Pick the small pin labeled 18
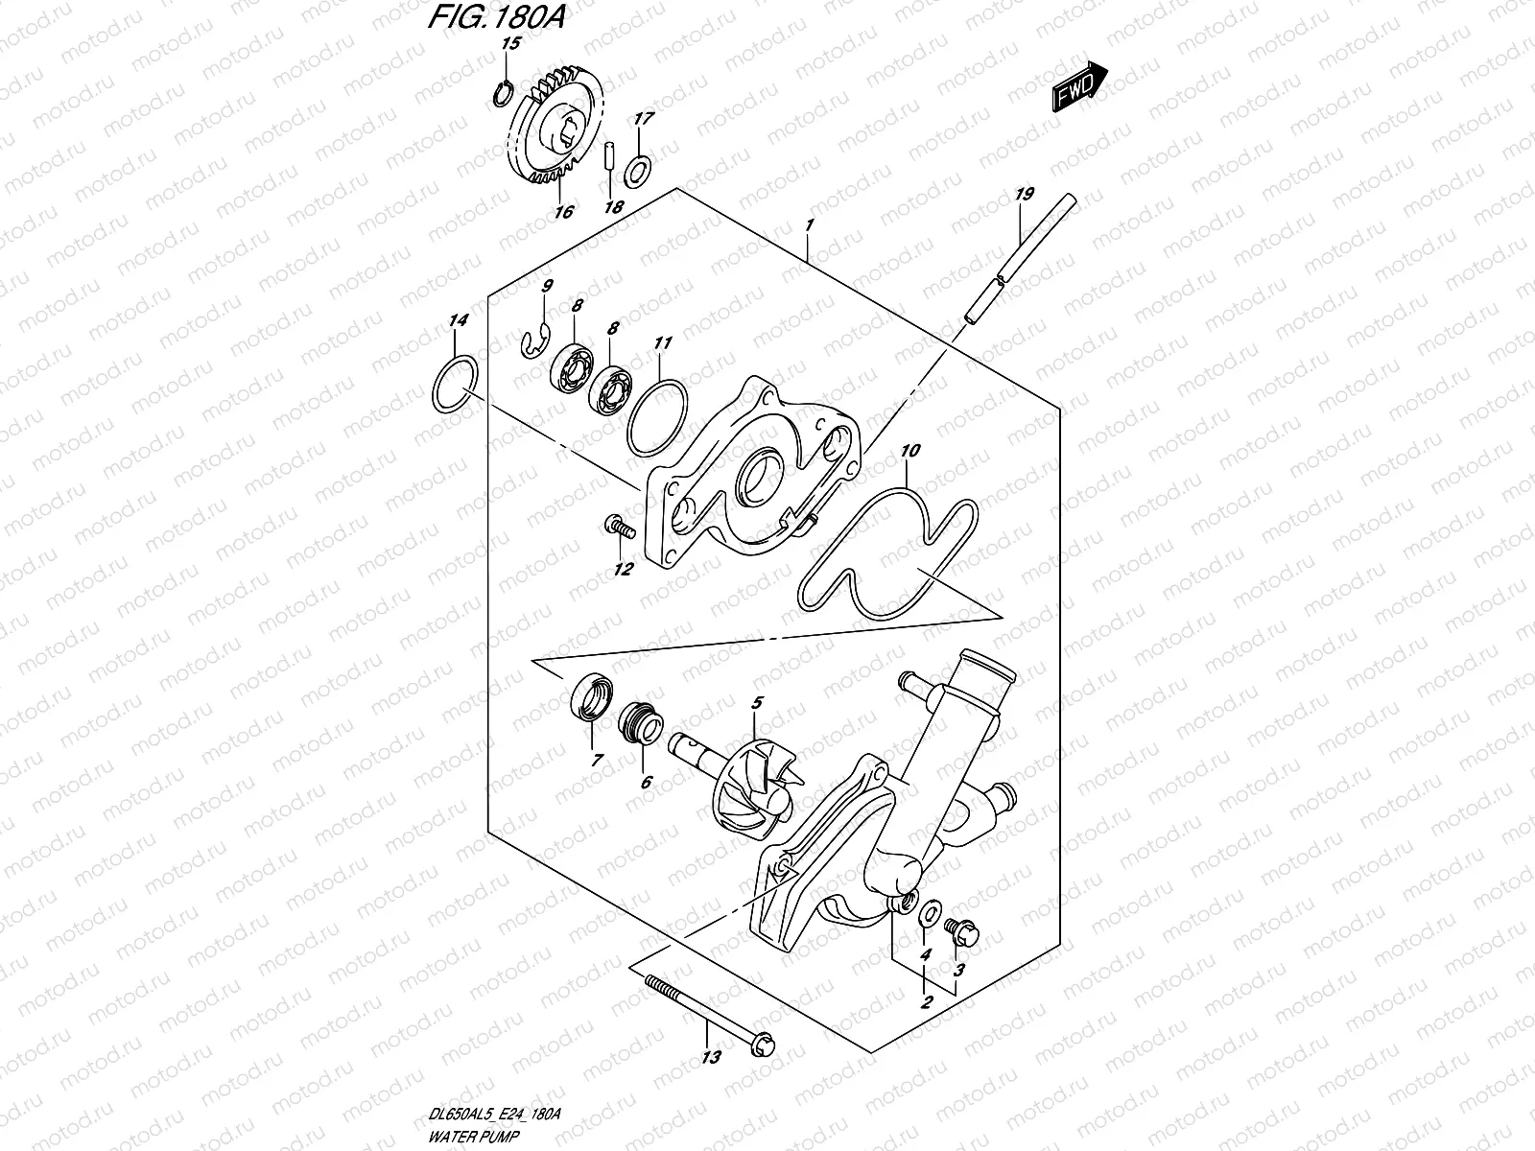[608, 157]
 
